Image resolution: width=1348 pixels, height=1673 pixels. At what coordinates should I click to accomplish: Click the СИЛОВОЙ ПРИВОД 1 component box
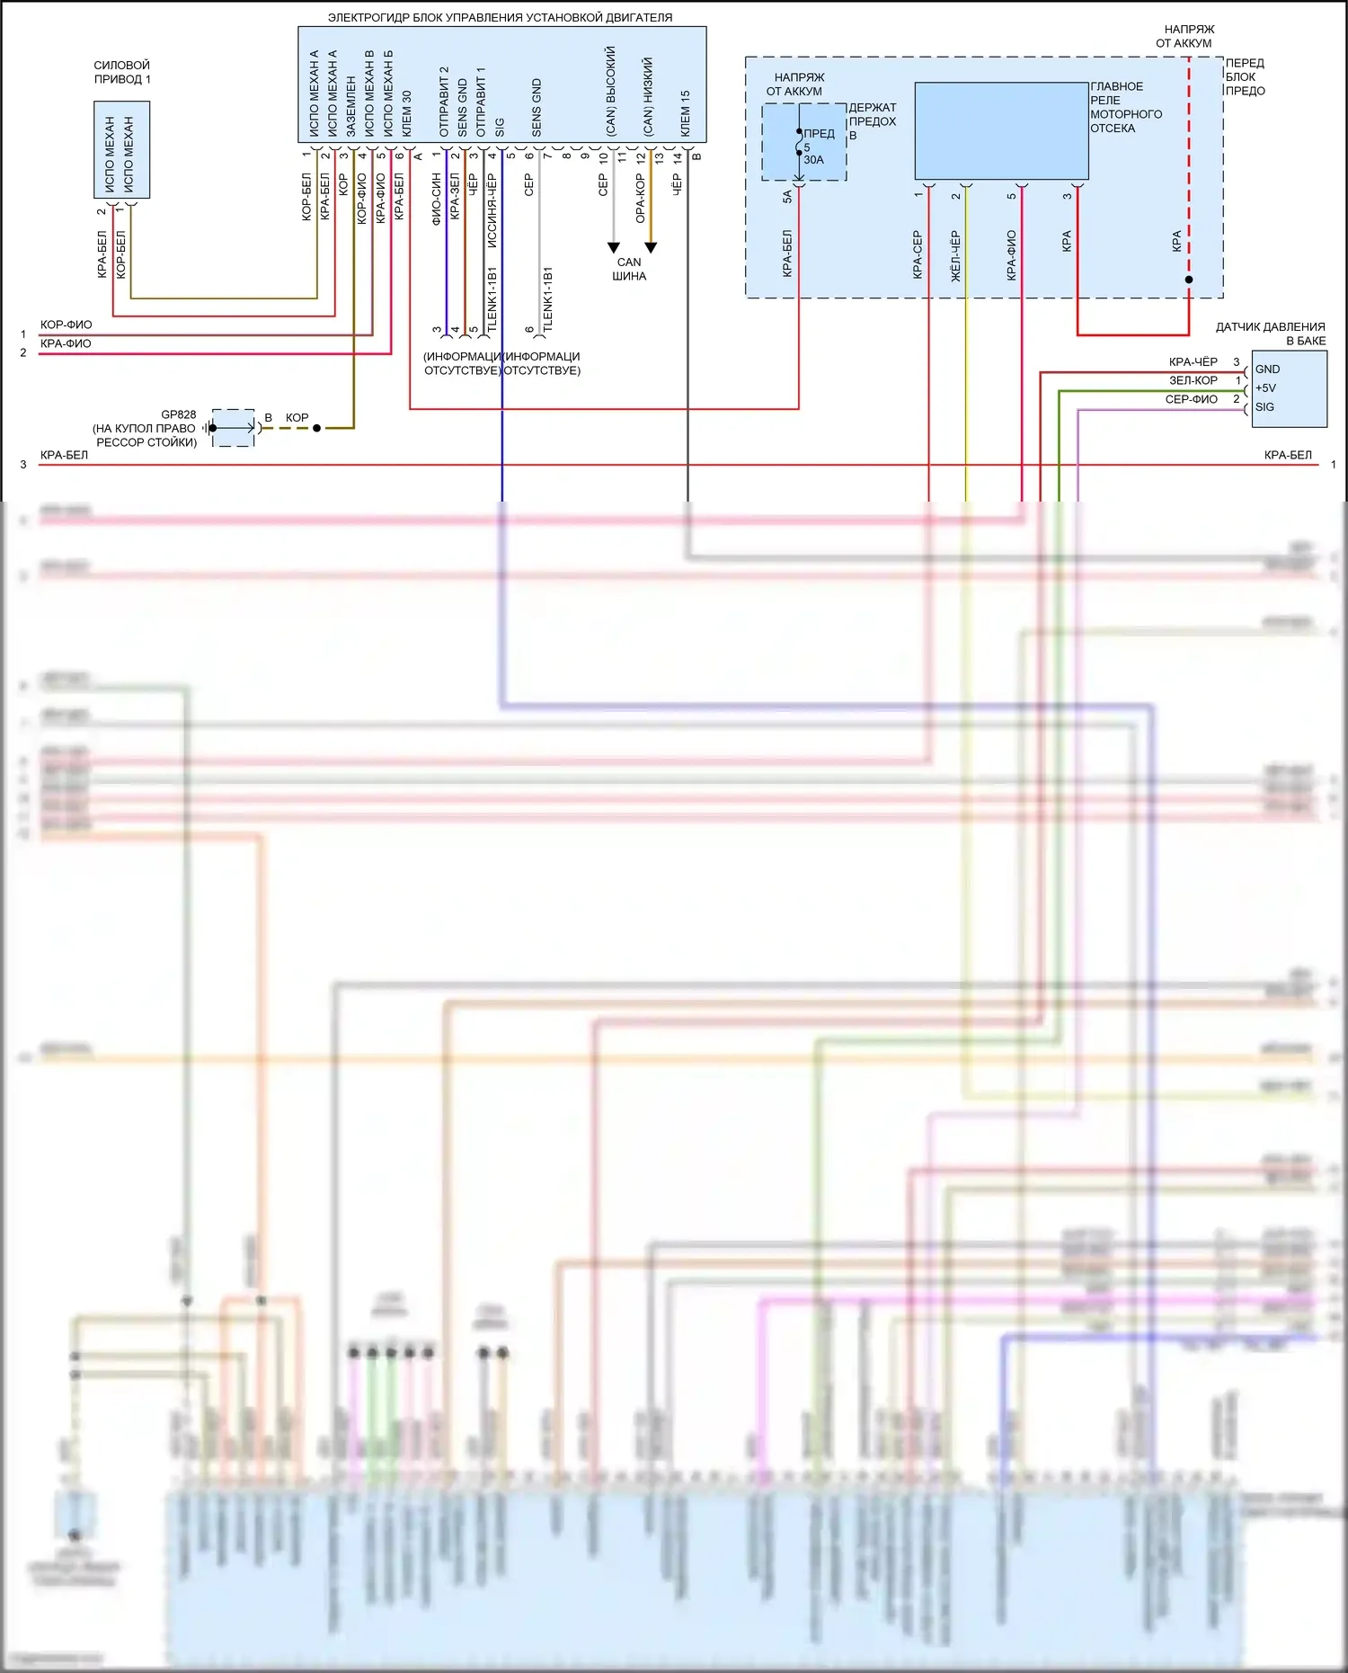pos(121,149)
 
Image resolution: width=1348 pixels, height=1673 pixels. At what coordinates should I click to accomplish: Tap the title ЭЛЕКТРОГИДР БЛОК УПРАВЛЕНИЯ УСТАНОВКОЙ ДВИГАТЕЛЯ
pos(500,17)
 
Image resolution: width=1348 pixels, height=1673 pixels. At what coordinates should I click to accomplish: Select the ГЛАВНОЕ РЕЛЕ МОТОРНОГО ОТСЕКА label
pos(1125,107)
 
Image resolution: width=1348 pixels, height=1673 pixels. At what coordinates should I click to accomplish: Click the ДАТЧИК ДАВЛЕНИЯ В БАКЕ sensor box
pos(1289,388)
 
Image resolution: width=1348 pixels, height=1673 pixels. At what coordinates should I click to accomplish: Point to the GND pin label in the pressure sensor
pos(1267,369)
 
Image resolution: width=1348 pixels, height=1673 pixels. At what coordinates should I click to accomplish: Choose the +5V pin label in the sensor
pos(1265,388)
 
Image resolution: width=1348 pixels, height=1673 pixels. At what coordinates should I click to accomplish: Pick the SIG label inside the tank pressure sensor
pos(1264,407)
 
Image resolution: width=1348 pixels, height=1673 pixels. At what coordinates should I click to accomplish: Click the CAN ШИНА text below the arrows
pos(629,269)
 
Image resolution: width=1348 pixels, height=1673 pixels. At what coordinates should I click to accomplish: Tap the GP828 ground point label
pos(178,414)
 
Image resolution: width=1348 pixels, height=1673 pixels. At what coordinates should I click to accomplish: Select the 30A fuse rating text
pos(813,160)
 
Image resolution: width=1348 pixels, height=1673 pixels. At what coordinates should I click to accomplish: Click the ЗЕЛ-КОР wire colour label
pos(1193,380)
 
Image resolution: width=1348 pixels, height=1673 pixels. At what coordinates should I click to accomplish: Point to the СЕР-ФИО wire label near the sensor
pos(1191,399)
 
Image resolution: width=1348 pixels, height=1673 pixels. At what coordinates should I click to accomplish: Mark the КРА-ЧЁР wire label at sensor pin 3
pos(1193,361)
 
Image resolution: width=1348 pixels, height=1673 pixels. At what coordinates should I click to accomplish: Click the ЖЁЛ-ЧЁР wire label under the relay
pos(955,256)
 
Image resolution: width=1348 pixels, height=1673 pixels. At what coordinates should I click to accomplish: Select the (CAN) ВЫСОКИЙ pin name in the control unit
pos(611,92)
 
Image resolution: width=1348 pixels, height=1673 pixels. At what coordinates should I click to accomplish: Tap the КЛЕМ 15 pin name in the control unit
pos(685,113)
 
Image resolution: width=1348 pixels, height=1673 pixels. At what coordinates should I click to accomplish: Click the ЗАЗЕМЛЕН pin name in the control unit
pos(351,106)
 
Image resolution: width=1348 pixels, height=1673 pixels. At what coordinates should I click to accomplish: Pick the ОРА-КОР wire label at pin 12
pos(640,199)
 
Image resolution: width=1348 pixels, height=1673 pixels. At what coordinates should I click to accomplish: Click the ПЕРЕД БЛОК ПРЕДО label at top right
pos(1245,76)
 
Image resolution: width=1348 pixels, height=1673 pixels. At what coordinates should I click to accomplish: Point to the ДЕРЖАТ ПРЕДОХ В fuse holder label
pos(872,121)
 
